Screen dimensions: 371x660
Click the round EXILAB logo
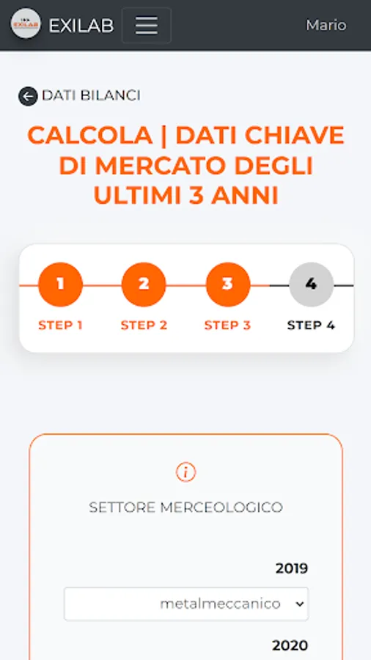click(x=26, y=23)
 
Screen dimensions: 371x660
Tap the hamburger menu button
click(x=147, y=25)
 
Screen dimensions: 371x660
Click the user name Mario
click(x=326, y=25)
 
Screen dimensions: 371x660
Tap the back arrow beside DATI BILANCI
click(x=28, y=96)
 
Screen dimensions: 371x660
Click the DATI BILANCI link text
click(x=91, y=95)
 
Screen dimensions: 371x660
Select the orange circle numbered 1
click(x=60, y=285)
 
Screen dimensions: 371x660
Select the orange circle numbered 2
click(x=144, y=285)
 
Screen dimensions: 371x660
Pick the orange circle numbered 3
click(x=227, y=285)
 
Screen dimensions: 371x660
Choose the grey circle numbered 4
click(x=312, y=285)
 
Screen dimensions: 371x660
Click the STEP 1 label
click(x=60, y=326)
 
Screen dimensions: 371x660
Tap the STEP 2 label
click(x=144, y=326)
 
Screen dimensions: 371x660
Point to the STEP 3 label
click(x=227, y=326)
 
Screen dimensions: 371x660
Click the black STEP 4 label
click(x=312, y=326)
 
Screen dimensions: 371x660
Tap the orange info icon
click(x=186, y=472)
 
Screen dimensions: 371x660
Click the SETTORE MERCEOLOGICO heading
click(x=186, y=507)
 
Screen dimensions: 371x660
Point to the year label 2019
click(x=292, y=568)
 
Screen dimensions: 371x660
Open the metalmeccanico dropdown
click(x=186, y=604)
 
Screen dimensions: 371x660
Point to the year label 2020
click(x=290, y=645)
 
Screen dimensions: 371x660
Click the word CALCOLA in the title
click(x=90, y=136)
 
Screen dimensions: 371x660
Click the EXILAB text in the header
click(x=81, y=26)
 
